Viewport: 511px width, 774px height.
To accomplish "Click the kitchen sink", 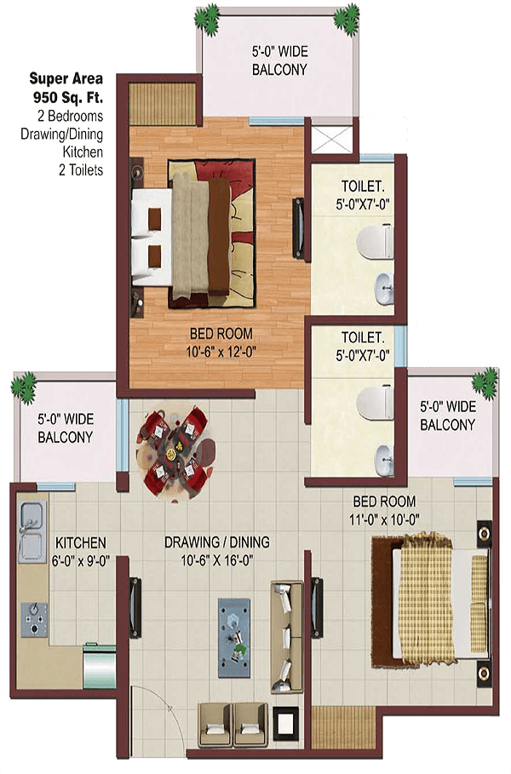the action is pyautogui.click(x=32, y=531).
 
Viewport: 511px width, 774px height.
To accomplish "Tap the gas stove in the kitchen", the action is pyautogui.click(x=34, y=618).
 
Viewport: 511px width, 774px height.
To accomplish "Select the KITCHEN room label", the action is pyautogui.click(x=80, y=543).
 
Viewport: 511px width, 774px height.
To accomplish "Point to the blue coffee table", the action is pyautogui.click(x=234, y=638).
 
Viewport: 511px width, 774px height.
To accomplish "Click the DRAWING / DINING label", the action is pyautogui.click(x=217, y=542).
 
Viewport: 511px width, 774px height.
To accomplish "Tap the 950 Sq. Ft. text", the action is pyautogui.click(x=68, y=97).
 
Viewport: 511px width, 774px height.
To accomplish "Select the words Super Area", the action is pyautogui.click(x=66, y=78).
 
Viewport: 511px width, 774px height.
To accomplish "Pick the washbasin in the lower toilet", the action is pyautogui.click(x=385, y=460).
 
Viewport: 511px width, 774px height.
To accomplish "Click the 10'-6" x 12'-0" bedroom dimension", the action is pyautogui.click(x=221, y=352).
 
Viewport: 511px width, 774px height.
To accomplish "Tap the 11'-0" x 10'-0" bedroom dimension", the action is pyautogui.click(x=384, y=519).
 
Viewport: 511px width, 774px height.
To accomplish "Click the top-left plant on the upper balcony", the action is pyautogui.click(x=207, y=19).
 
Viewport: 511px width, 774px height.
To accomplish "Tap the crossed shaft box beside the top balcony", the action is pyautogui.click(x=332, y=140).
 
